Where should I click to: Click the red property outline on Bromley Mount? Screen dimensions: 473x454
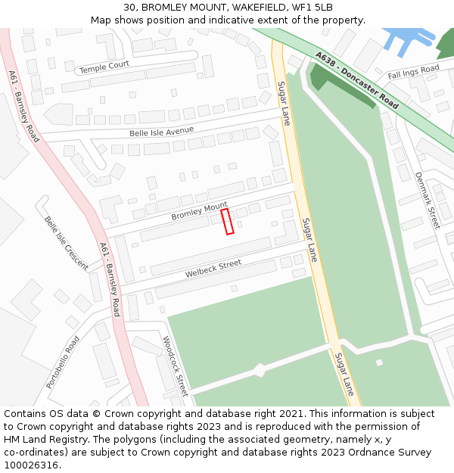[x=227, y=222]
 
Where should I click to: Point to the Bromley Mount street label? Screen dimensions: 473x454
[x=199, y=211]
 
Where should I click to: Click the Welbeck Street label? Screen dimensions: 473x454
[x=213, y=268]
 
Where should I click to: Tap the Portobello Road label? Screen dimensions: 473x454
[x=62, y=363]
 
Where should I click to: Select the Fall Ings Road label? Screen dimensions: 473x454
[x=413, y=73]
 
